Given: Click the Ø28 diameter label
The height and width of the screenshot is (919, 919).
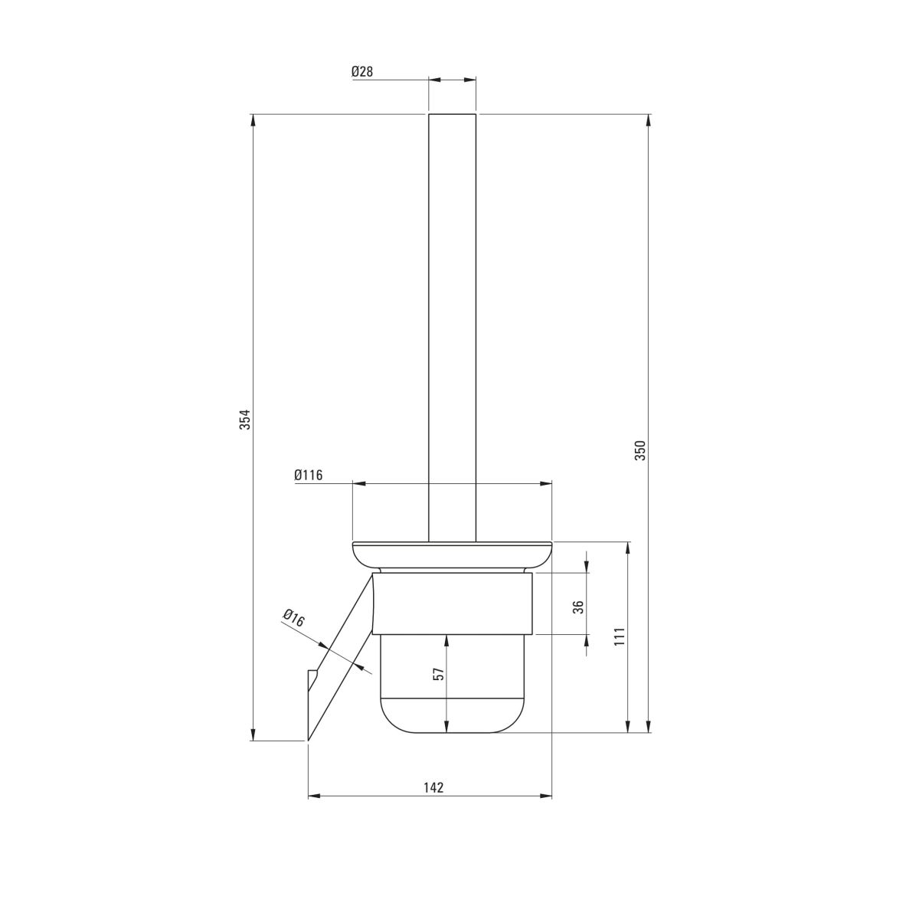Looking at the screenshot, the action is [x=362, y=71].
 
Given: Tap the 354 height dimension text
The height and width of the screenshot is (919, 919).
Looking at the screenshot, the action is [x=244, y=419].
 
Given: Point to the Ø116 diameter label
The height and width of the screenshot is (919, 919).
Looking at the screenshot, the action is [x=309, y=475].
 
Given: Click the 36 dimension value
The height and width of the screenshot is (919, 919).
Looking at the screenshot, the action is [x=578, y=607].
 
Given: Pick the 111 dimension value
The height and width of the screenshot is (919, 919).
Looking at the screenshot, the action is [x=619, y=636].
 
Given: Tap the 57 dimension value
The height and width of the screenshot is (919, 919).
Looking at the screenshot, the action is [x=440, y=673].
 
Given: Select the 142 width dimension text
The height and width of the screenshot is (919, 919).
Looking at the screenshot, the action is [x=433, y=787].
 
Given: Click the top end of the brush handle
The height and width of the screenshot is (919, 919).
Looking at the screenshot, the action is [x=452, y=114].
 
